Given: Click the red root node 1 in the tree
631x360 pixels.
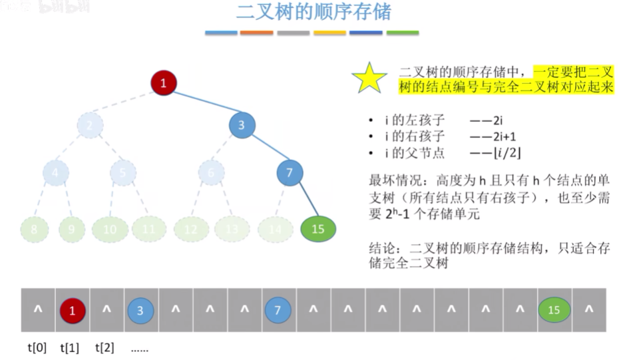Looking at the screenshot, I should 163,83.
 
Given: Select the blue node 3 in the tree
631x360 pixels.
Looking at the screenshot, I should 242,124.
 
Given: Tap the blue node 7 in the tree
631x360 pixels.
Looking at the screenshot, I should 290,173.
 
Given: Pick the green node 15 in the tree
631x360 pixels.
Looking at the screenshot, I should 318,229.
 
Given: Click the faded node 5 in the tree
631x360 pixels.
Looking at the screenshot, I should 123,173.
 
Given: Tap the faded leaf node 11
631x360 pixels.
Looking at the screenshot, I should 148,229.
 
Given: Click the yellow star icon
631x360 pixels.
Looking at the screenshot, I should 369,78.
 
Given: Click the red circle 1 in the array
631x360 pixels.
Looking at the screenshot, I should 73,310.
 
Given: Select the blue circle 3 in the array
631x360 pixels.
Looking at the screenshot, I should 140,310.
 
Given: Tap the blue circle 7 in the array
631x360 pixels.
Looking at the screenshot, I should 279,310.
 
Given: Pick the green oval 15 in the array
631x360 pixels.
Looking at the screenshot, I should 554,310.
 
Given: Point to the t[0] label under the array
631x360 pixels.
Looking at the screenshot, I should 37,347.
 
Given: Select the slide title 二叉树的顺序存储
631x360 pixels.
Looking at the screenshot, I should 314,12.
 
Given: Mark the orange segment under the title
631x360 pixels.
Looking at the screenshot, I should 256,33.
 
